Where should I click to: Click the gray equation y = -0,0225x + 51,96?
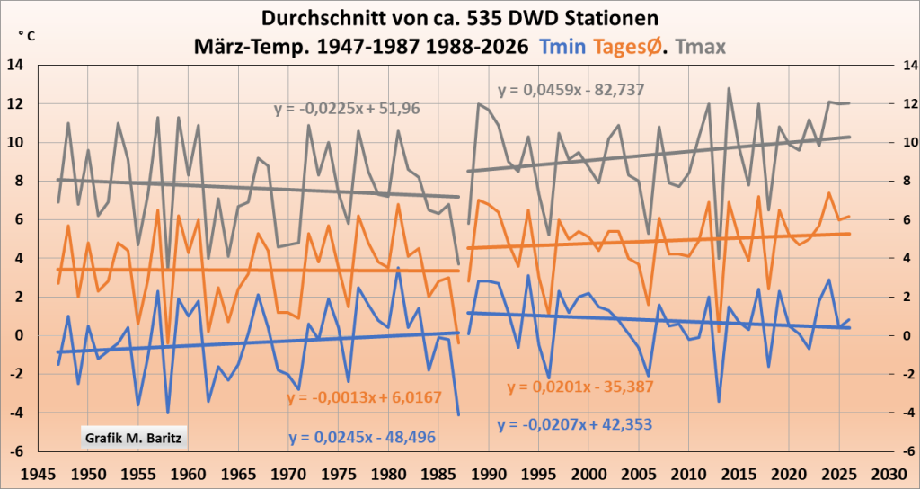click(x=346, y=110)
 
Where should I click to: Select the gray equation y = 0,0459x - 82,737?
click(x=571, y=90)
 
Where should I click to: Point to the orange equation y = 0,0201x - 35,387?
click(x=579, y=387)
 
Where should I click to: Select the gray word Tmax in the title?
click(x=702, y=45)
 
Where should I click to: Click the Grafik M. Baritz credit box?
click(x=135, y=439)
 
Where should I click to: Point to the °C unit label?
click(x=26, y=36)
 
